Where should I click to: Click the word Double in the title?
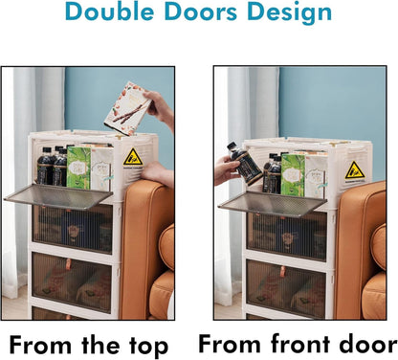[110, 11]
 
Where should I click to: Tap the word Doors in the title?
[201, 11]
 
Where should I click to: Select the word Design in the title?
[290, 13]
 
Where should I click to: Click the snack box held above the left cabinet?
[127, 108]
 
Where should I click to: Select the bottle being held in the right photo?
[244, 164]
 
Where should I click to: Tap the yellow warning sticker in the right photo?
[355, 170]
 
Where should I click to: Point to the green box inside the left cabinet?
[78, 168]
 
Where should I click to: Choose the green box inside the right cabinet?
[293, 175]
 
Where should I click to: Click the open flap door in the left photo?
[58, 196]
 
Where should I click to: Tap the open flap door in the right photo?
[273, 204]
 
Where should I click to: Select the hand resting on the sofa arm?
[157, 173]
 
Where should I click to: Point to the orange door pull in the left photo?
[68, 265]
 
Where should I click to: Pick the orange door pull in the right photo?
[283, 272]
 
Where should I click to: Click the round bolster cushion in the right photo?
[379, 246]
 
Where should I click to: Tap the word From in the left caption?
[40, 346]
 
